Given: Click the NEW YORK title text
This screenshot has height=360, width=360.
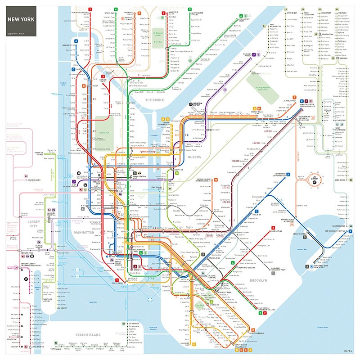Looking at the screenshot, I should pyautogui.click(x=20, y=20).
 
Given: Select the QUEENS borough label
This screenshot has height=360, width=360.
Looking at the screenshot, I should pyautogui.click(x=194, y=157).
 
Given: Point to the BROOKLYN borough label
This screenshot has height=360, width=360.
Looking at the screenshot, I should pyautogui.click(x=258, y=280).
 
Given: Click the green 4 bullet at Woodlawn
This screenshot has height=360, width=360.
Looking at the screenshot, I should pyautogui.click(x=115, y=9).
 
